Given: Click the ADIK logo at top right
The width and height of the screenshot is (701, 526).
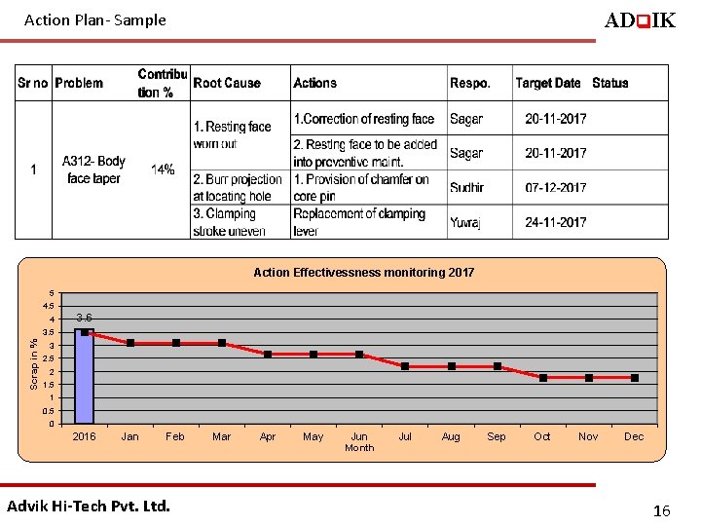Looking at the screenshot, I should [x=640, y=20].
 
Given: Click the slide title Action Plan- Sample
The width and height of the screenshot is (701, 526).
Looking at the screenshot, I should [x=95, y=19].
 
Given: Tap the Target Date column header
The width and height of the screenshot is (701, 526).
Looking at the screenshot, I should [x=547, y=84].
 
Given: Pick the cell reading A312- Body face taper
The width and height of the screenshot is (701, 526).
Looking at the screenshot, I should [x=93, y=169].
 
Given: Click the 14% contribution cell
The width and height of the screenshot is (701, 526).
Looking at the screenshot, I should [x=163, y=169].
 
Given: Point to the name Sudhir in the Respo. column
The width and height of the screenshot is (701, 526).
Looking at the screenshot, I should [x=466, y=187].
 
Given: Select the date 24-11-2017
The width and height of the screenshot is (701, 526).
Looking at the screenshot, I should [x=555, y=222].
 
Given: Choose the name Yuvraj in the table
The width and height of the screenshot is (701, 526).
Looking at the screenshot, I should [x=465, y=222].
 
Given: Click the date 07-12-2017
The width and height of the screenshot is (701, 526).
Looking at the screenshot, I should [x=555, y=187].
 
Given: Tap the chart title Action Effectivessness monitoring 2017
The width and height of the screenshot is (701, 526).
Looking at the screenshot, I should [x=363, y=273].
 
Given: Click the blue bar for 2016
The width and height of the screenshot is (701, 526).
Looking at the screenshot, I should [x=85, y=376].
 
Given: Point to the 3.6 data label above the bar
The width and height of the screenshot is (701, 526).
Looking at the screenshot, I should [x=85, y=318].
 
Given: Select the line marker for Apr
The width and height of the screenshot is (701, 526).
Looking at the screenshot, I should [x=268, y=354].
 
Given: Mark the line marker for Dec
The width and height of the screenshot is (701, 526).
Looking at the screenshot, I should [x=635, y=377].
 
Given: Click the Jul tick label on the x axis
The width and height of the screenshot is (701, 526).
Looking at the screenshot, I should [x=405, y=436].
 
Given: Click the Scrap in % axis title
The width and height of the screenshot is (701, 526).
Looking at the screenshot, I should [x=33, y=364].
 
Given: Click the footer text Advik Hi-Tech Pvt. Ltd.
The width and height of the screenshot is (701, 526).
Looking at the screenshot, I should [x=89, y=506].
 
